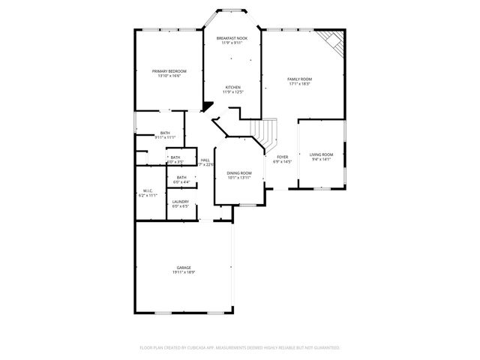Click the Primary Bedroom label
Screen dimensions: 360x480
169,71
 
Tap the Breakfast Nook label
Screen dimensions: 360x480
232,38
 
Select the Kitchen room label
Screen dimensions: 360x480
232,87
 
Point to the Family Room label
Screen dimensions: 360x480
299,79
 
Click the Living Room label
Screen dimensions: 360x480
322,154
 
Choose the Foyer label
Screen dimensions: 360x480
282,157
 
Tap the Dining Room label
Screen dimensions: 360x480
239,173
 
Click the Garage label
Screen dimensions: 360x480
184,267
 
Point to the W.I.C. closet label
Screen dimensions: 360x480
148,190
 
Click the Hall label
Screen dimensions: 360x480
205,160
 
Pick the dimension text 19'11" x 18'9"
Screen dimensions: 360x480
184,272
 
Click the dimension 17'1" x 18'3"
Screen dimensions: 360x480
299,84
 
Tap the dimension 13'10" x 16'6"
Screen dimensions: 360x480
169,76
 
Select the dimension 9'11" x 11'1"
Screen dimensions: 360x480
165,138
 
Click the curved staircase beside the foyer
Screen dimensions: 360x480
266,135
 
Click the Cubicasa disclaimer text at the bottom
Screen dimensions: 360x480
240,348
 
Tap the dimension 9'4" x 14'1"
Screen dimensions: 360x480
322,160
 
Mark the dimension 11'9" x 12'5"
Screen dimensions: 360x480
232,92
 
